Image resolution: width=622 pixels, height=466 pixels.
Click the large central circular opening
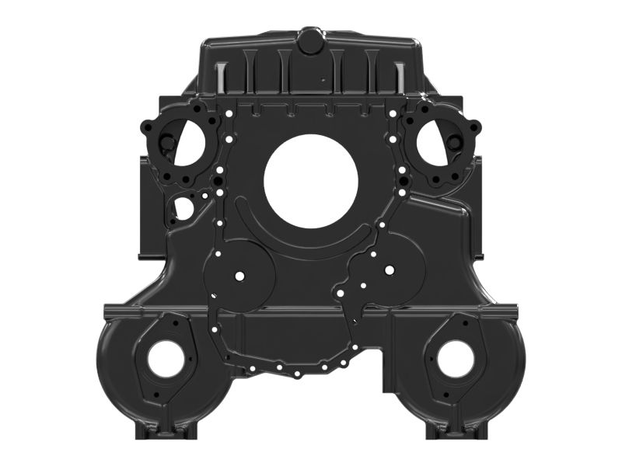pos(311,181)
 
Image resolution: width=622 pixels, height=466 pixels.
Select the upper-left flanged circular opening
pos(186,143)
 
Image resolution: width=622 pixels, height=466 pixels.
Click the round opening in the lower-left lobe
pos(166,359)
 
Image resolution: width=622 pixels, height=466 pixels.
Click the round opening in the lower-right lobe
pos(456,359)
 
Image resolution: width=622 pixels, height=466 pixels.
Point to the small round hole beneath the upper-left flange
pos(183,208)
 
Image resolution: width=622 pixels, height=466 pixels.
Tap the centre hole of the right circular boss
pos(388,271)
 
